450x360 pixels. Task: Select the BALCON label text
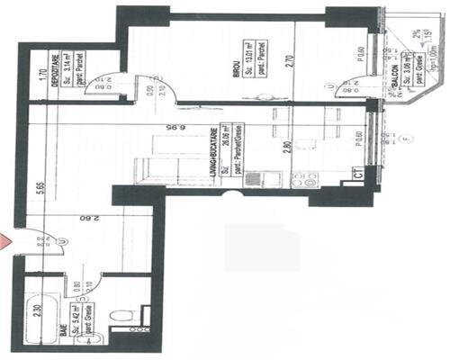pyautogui.click(x=396, y=80)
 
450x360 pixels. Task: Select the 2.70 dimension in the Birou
pyautogui.click(x=286, y=66)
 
